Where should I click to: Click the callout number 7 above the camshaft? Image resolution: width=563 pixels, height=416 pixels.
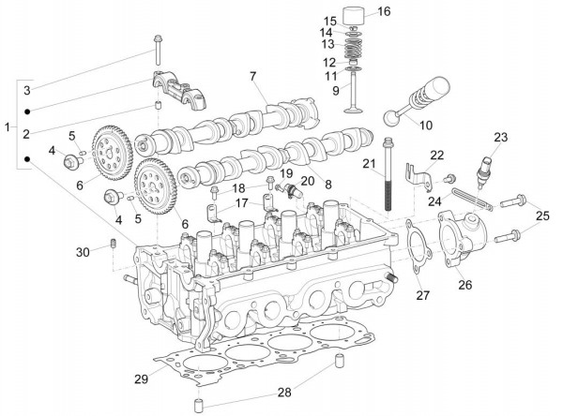(252, 75)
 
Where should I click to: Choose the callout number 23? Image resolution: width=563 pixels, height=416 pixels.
(500, 138)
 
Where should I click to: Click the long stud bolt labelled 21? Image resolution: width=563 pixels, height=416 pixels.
(388, 178)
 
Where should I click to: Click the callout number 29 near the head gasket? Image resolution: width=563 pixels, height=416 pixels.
(141, 379)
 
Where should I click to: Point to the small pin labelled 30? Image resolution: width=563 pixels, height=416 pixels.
(112, 245)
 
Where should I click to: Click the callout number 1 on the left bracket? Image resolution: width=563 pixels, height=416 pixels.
(8, 126)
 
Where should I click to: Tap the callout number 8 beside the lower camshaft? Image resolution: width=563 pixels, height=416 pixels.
(327, 186)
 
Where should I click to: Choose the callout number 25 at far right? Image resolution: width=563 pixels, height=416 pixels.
(543, 217)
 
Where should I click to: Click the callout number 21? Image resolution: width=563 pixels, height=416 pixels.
(370, 166)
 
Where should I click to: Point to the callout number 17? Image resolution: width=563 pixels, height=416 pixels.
(242, 202)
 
